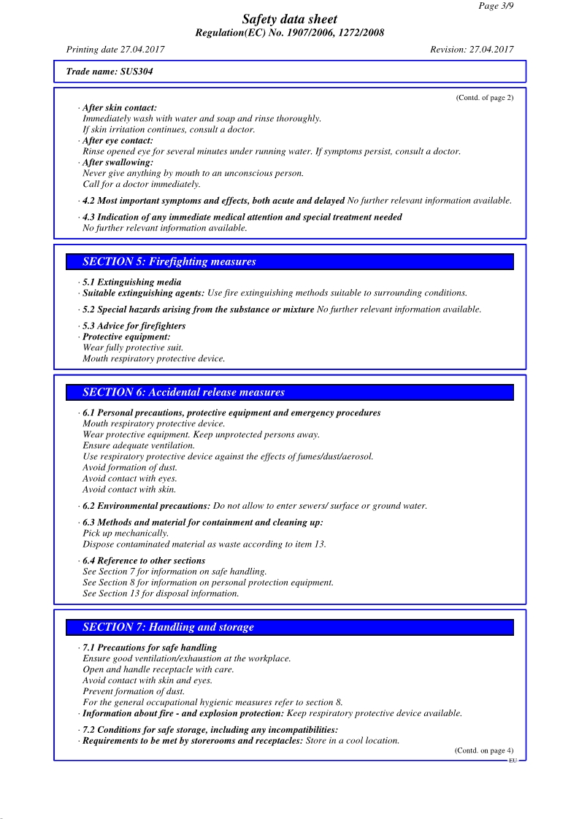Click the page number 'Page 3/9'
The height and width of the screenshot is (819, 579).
[496, 6]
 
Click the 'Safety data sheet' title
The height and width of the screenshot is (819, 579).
[290, 20]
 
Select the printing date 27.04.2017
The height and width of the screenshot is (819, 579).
[115, 50]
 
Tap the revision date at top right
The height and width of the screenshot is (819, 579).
[472, 50]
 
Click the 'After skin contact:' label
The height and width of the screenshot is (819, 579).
[120, 108]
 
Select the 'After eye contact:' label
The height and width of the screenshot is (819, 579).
[118, 141]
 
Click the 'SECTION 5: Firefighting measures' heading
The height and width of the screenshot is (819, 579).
[169, 262]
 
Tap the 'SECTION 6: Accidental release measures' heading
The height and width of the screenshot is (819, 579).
[183, 393]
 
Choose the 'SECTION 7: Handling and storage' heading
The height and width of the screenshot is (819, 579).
[168, 627]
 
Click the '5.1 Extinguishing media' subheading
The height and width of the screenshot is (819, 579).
[132, 282]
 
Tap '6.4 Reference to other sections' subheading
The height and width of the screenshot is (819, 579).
[144, 561]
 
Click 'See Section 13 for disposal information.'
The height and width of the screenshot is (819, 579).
[161, 594]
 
